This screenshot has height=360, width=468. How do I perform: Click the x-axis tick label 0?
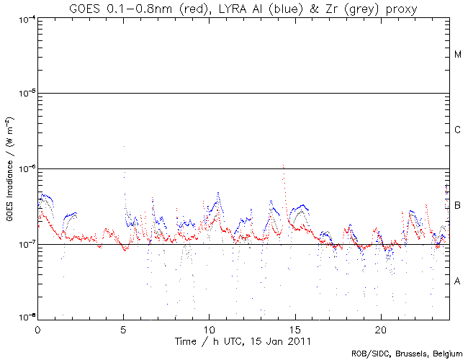(37, 329)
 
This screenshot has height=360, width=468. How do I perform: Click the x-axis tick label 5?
(123, 329)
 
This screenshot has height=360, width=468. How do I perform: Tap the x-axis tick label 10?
(209, 329)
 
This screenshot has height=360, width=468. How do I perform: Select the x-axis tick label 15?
(294, 329)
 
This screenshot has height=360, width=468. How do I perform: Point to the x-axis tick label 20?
(380, 329)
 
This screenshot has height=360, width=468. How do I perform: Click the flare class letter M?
(458, 55)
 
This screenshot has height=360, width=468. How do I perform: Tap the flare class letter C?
(458, 130)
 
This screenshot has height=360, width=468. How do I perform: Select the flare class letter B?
(458, 206)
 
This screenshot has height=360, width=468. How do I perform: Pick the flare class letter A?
(458, 281)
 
